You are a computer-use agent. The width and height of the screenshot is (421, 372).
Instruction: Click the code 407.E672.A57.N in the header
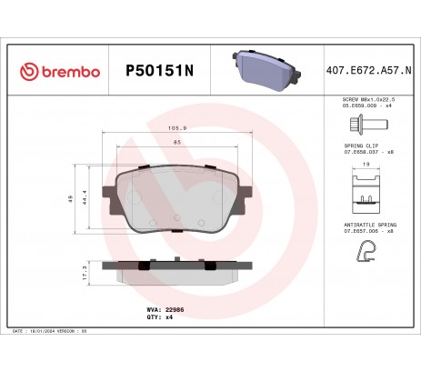tap(367, 70)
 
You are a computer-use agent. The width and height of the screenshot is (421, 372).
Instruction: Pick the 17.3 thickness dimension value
tap(85, 271)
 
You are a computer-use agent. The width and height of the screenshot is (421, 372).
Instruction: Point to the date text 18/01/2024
tap(46, 334)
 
